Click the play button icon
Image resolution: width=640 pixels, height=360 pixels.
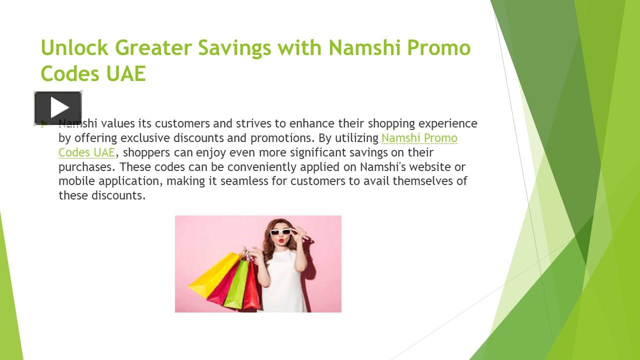click(x=58, y=108)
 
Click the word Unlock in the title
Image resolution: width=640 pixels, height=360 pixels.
click(x=74, y=48)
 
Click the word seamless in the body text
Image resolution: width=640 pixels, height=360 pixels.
click(x=244, y=181)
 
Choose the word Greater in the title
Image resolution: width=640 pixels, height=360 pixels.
click(x=153, y=48)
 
